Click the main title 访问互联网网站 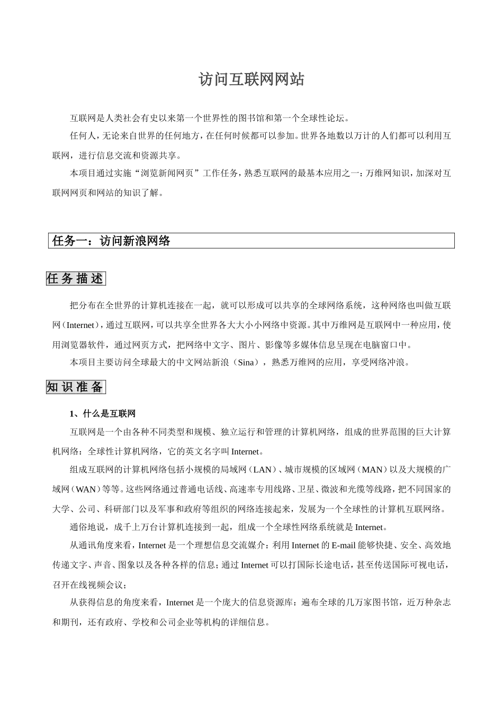[x=251, y=79]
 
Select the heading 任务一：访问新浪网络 [x=111, y=241]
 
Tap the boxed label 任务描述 [x=76, y=279]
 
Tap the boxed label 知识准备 [x=76, y=387]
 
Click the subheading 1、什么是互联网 [x=103, y=413]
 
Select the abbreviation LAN [x=262, y=470]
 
